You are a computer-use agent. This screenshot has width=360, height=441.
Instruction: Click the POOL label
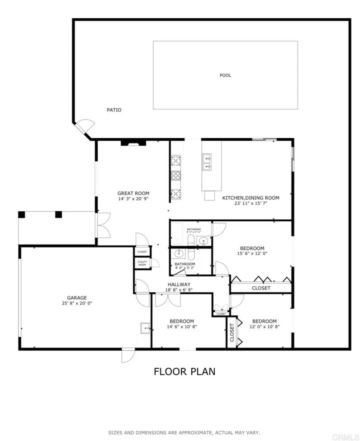pos(225,75)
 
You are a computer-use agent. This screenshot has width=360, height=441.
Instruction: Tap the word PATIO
pos(114,110)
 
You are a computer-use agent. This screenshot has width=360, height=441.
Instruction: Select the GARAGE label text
pos(77,298)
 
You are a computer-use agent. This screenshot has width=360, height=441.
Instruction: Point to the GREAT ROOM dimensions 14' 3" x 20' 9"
pos(133,199)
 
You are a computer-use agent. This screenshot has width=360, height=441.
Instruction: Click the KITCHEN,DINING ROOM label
pos(250,198)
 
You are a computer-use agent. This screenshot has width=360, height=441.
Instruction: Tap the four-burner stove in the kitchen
pos(176,175)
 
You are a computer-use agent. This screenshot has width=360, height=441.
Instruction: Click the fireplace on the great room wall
pos(130,143)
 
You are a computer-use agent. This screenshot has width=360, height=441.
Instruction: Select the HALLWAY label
pos(179,284)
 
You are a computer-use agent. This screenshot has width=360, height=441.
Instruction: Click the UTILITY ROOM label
pos(142,263)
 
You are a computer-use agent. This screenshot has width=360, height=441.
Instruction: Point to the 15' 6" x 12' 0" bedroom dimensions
pos(252,254)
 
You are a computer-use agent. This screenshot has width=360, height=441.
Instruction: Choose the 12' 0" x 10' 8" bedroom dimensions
pos(264,326)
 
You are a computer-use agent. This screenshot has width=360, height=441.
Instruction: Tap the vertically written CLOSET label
pos(232,332)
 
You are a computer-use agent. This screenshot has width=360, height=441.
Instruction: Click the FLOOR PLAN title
pos(185,371)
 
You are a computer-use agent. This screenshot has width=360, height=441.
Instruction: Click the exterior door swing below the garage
pos(128,355)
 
